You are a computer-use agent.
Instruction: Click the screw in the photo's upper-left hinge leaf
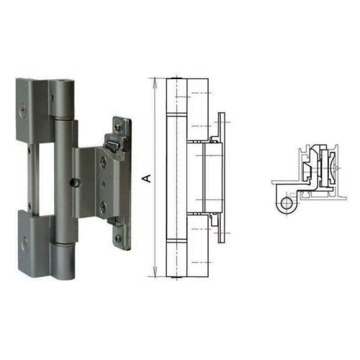click(22, 111)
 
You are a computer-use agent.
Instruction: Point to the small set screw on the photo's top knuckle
click(53, 98)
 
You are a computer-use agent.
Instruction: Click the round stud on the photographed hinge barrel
click(74, 183)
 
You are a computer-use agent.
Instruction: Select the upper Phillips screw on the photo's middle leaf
click(104, 162)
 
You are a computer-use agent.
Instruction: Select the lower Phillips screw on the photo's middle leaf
click(104, 207)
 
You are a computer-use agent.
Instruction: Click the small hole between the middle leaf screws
click(104, 184)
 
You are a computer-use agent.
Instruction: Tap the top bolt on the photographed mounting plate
click(117, 127)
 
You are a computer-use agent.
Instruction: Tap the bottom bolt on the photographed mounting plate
click(117, 238)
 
